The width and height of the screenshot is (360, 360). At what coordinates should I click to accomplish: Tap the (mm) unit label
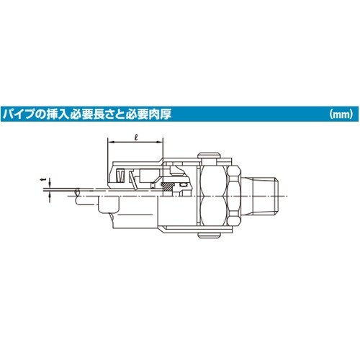[338, 114]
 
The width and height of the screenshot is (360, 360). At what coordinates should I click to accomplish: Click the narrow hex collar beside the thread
[238, 194]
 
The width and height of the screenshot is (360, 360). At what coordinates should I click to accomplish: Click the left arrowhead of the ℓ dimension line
[110, 143]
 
